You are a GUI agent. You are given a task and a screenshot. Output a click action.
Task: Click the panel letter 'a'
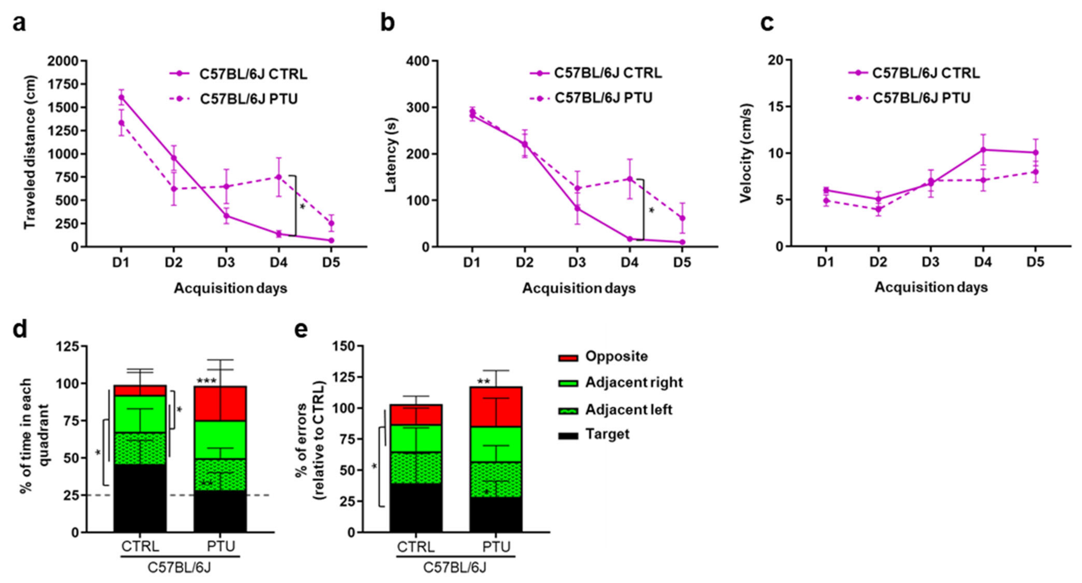coord(19,23)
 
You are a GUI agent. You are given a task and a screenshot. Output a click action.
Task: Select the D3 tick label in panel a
coord(226,263)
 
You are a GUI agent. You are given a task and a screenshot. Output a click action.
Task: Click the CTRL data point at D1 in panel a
coord(121,97)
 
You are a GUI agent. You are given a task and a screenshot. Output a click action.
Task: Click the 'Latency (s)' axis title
coord(391,155)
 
